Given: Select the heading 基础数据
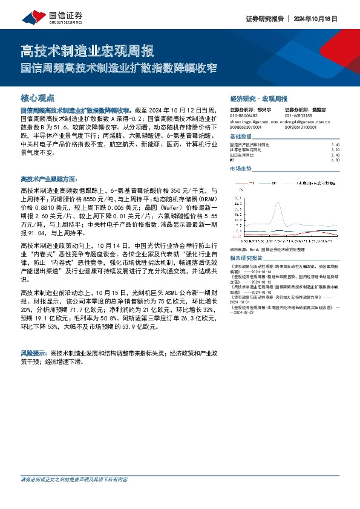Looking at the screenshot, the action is (x=241, y=136).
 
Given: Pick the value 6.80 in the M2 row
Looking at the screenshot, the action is (x=336, y=160).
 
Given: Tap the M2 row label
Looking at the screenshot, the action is (x=232, y=160).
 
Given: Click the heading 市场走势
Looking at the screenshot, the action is (x=241, y=169).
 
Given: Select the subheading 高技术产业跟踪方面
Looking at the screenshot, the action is (x=49, y=180).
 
